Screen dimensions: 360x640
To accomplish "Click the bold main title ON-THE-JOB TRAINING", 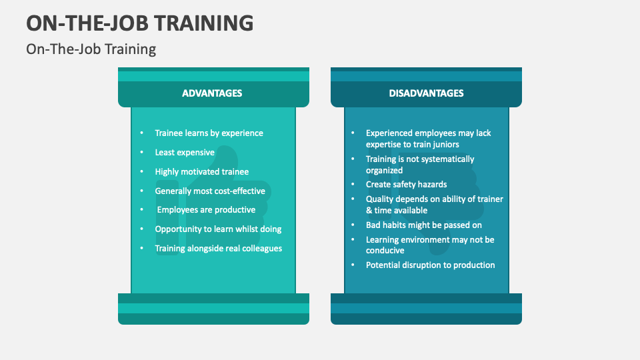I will [140, 22].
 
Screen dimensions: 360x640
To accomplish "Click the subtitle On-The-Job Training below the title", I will [91, 49].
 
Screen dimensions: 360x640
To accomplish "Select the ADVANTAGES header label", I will [212, 93].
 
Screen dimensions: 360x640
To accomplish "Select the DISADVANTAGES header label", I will [426, 93].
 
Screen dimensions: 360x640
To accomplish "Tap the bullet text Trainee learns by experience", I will [209, 133].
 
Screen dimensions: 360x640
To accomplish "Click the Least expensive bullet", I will [185, 153].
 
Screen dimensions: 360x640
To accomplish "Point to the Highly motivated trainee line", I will [201, 172].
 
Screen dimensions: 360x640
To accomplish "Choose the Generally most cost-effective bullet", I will [210, 191].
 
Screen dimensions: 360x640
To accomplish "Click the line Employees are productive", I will [206, 210].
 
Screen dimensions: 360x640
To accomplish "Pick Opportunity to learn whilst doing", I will [218, 229].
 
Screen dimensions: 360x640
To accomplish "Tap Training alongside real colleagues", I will [218, 249].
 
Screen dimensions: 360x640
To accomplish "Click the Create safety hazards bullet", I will [406, 185].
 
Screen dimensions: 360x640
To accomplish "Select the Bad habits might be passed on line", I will [423, 225].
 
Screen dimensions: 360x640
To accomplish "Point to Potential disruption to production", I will [430, 265].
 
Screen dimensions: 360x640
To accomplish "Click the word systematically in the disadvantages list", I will [448, 159].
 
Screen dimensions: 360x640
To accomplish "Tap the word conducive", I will [385, 251].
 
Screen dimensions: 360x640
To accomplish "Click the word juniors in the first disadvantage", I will [444, 144].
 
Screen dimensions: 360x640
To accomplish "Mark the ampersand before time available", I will [369, 211].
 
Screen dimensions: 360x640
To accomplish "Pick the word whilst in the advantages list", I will [243, 229].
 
